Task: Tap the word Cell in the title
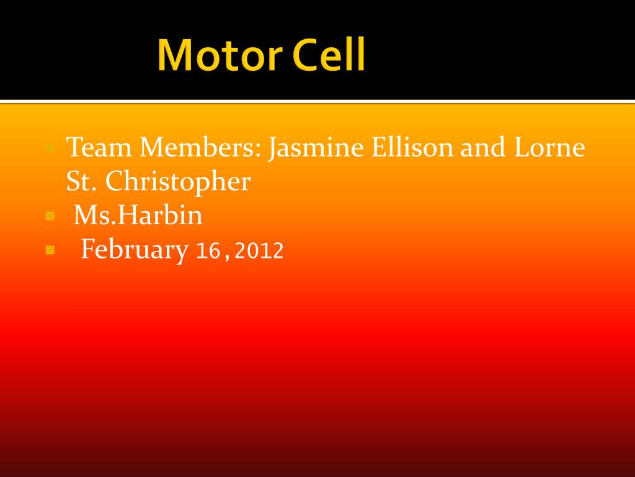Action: click(328, 55)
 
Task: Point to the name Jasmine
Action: click(316, 148)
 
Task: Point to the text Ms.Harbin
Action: click(138, 216)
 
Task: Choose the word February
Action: click(135, 250)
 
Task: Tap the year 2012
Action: click(259, 250)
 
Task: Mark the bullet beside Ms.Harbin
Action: click(51, 217)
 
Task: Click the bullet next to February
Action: click(51, 250)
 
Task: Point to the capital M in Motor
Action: click(174, 55)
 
